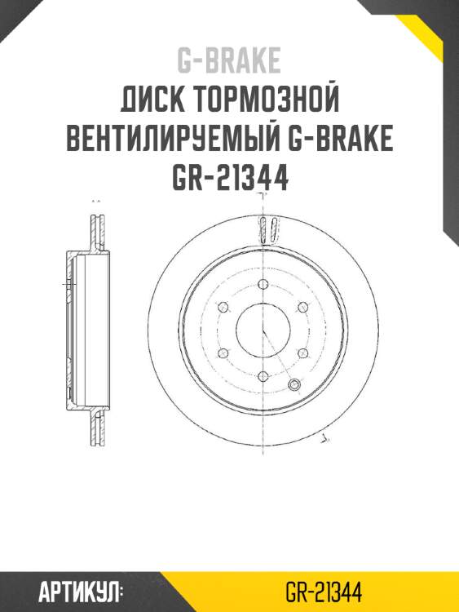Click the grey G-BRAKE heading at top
229,60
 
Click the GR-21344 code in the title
229,177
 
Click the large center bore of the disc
263,330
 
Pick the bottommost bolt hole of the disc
263,376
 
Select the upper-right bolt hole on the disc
302,306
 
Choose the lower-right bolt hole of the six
302,353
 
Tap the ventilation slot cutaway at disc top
263,230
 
